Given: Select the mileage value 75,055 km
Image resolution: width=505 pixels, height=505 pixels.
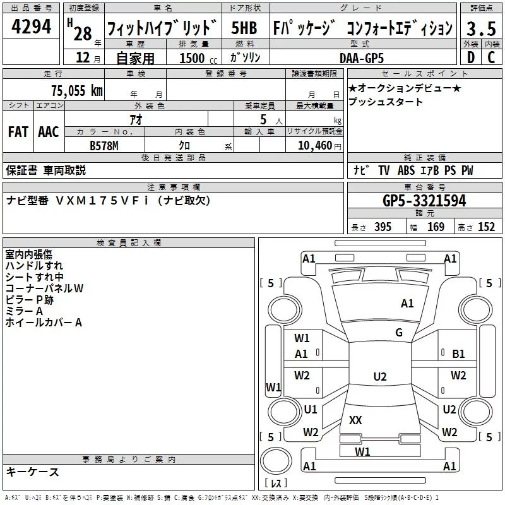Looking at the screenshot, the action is click(76, 90).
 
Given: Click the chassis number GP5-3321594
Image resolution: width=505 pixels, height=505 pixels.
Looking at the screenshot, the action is click(424, 201).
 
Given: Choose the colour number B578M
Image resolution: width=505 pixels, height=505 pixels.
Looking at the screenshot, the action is click(105, 145).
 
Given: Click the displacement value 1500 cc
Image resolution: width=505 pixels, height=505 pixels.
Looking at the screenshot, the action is click(196, 58).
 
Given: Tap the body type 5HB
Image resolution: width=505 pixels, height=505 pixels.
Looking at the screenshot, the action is click(244, 28).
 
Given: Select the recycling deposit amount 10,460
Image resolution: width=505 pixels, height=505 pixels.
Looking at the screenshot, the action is click(314, 146).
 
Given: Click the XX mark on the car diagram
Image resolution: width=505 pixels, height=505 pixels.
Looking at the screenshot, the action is click(355, 420).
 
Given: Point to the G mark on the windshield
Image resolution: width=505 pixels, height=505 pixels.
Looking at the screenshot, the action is click(399, 333).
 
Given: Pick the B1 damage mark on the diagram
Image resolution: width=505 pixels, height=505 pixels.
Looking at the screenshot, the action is click(459, 354).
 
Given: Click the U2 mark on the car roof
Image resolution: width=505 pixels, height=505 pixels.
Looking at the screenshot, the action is click(379, 377).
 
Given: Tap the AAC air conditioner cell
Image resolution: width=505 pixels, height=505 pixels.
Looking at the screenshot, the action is click(49, 132).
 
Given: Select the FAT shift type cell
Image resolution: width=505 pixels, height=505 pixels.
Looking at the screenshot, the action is click(18, 132).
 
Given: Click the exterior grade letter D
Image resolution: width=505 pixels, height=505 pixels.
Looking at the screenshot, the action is click(470, 57).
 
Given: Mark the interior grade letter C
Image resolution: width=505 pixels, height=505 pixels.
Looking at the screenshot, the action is click(491, 57).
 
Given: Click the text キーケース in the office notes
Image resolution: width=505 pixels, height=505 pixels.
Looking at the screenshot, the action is click(32, 472).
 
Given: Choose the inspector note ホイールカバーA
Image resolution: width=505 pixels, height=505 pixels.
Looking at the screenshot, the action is click(44, 323).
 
